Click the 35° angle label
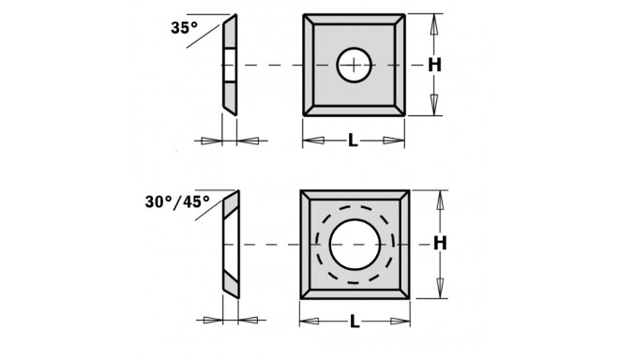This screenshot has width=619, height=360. coord(184,29)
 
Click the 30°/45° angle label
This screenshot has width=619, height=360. coord(177,201)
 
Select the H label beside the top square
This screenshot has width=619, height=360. coord(434,65)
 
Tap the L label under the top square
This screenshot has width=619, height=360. coord(353,141)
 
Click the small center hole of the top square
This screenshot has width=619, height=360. coord(353,65)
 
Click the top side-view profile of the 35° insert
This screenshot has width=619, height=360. coord(231,64)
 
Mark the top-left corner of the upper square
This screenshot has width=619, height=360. coord(304,15)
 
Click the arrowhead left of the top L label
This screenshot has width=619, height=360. coord(313,141)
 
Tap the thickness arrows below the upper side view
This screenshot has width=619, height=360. coord(231,141)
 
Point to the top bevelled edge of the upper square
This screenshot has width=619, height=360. coord(354,20)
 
